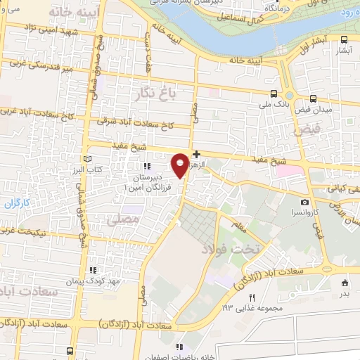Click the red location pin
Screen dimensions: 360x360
181,165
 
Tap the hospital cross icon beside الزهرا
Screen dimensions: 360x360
196,153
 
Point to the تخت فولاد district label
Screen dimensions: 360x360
231,247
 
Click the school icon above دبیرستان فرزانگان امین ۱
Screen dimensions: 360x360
147,167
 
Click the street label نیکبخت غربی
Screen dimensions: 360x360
32,232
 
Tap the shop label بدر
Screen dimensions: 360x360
345,293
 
